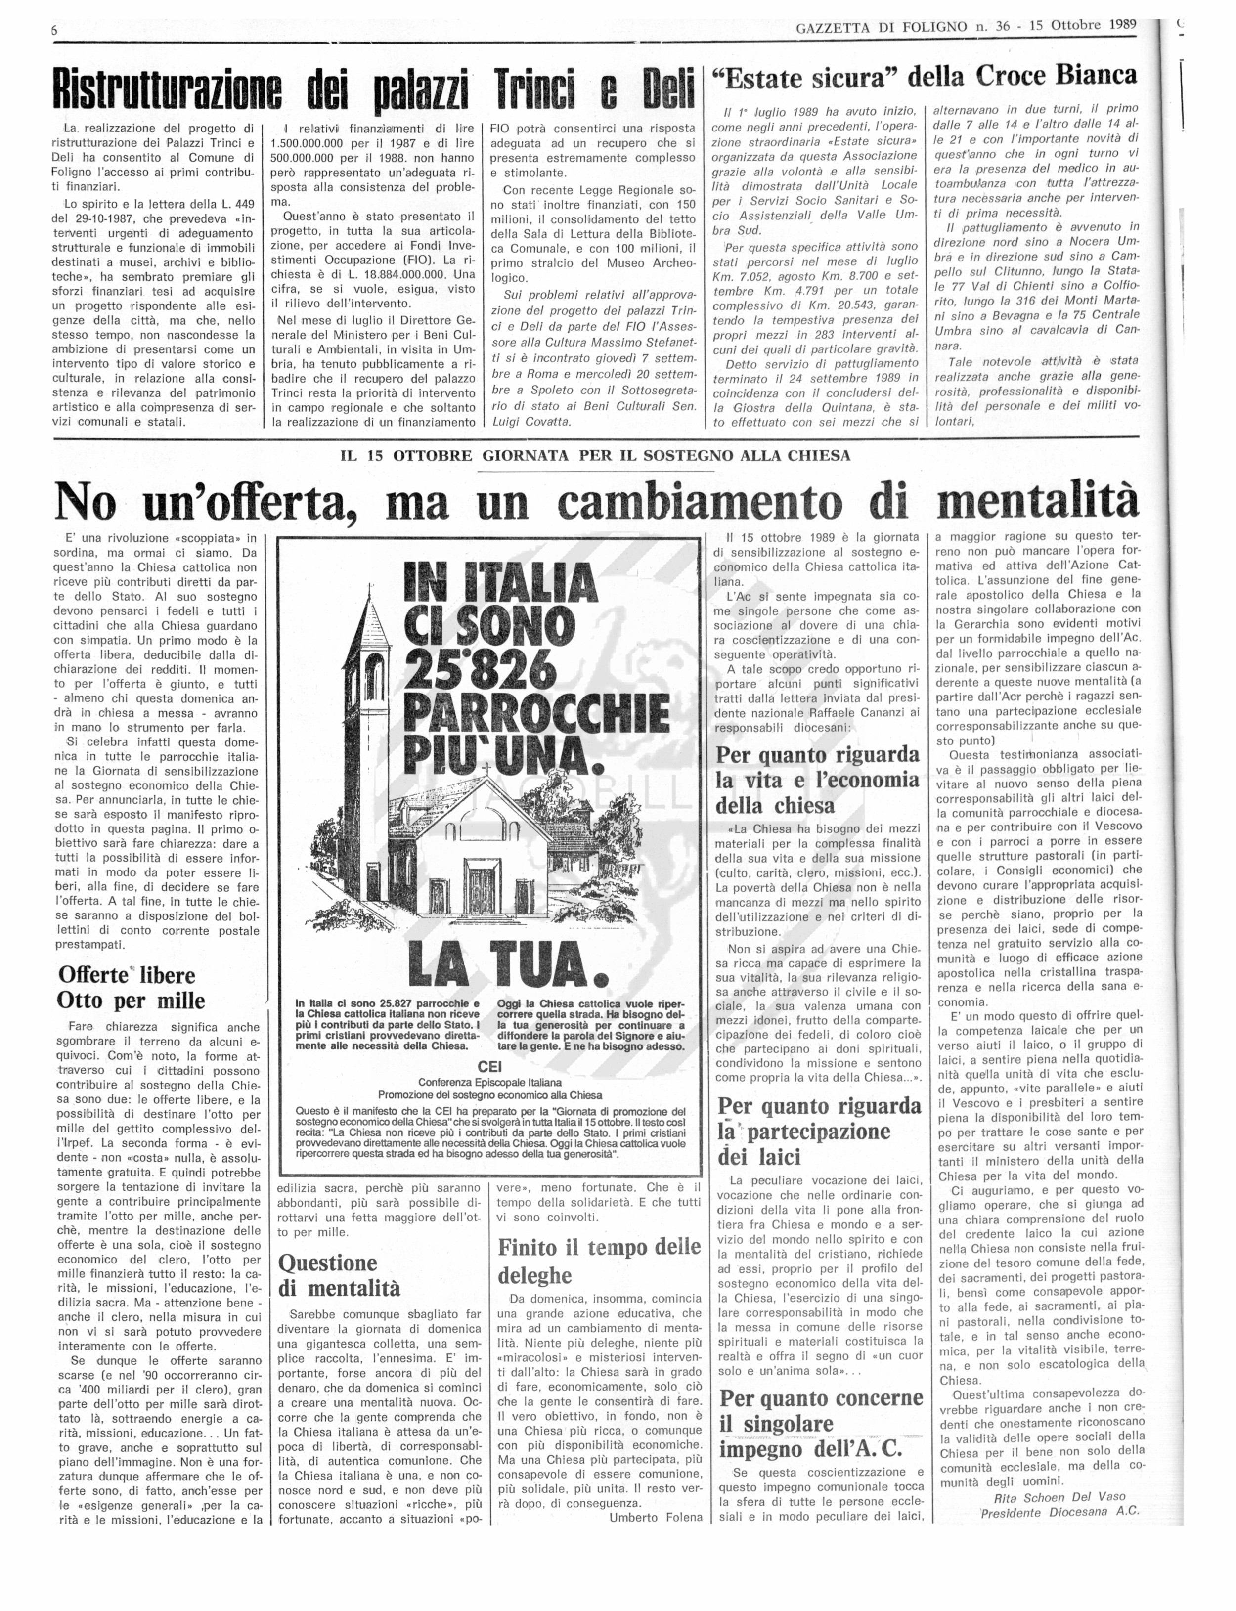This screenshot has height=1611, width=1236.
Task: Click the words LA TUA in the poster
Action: (x=508, y=961)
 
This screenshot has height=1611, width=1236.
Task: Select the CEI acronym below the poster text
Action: (x=489, y=1066)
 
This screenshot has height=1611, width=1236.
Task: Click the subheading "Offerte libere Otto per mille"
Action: (x=132, y=987)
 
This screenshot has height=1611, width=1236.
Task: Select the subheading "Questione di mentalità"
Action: (x=339, y=1275)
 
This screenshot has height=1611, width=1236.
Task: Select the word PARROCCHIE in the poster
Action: (x=536, y=713)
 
